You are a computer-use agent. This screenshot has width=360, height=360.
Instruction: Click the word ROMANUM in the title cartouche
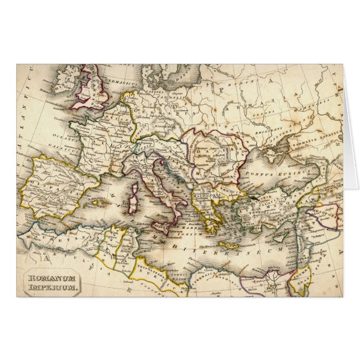52,278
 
